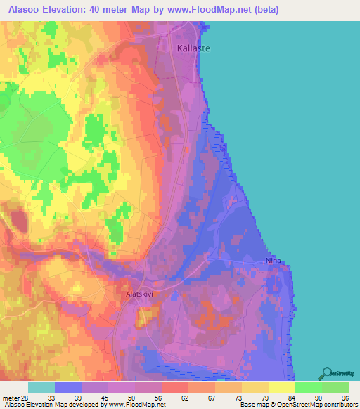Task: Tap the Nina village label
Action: click(x=273, y=261)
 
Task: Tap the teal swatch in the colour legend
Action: click(x=41, y=387)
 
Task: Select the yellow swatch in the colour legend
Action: click(x=282, y=387)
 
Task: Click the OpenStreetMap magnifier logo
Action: click(x=326, y=374)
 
